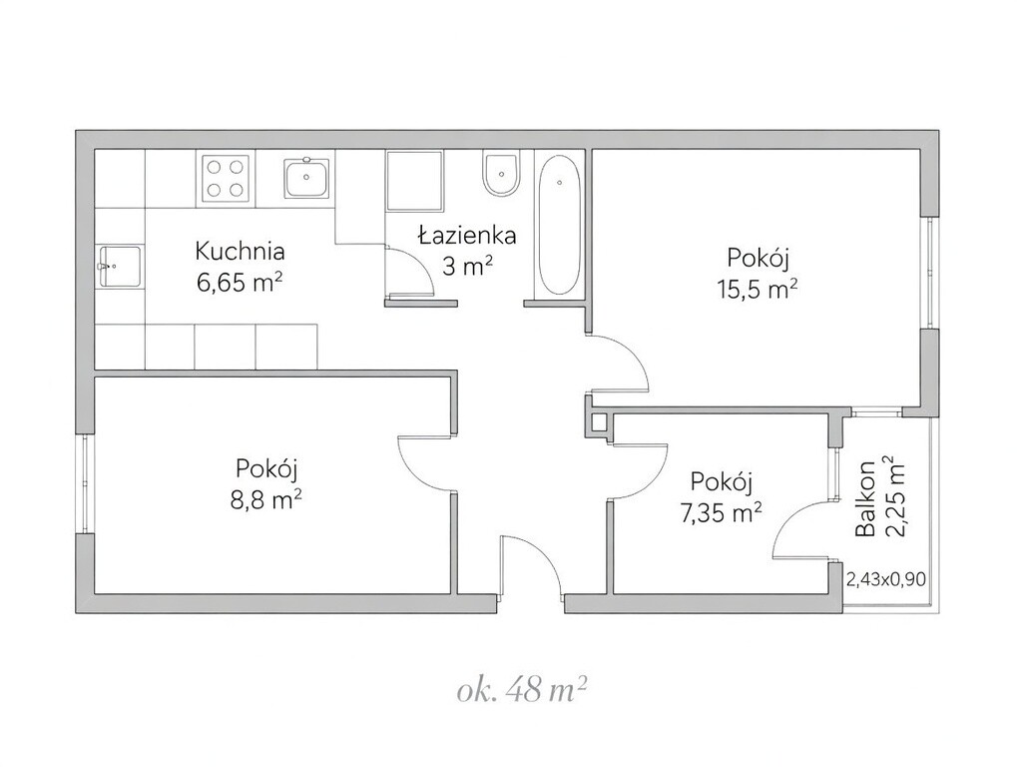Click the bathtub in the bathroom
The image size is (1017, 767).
[559, 226]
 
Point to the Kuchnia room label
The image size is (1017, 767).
[240, 251]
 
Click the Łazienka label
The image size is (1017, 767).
[467, 235]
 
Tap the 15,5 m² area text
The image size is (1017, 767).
[757, 289]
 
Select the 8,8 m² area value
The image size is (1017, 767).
[265, 499]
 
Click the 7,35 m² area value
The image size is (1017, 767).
[721, 513]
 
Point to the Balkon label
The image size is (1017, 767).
[865, 498]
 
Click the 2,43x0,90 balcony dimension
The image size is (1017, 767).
[886, 578]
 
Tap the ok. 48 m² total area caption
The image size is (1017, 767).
[523, 692]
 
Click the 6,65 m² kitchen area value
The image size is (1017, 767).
[240, 283]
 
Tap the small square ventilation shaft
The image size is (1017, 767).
[598, 422]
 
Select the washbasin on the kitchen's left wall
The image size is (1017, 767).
[120, 266]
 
